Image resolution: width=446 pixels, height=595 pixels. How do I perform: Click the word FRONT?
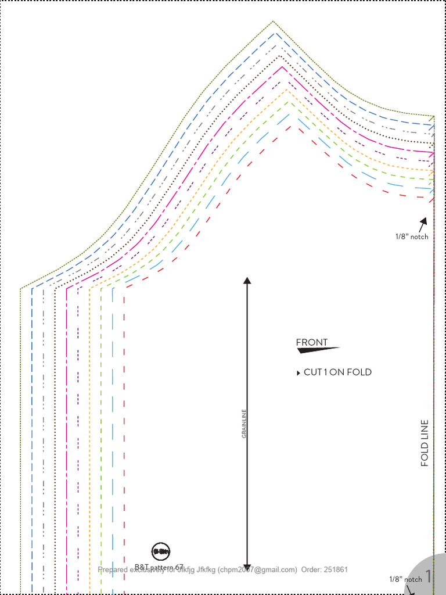[312, 342]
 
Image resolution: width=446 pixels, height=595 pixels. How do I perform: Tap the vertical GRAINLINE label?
[244, 424]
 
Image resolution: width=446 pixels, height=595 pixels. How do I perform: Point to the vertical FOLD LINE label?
[425, 443]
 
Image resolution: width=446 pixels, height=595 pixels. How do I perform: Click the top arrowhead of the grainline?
[247, 281]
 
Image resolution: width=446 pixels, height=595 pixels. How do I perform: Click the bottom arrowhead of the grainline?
[247, 567]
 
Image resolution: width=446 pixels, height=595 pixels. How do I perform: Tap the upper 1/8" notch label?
[412, 236]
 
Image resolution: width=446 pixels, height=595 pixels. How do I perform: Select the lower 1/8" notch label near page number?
[405, 579]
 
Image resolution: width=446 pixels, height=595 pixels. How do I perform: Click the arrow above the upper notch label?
[423, 223]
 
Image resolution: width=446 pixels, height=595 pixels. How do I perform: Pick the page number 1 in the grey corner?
[429, 576]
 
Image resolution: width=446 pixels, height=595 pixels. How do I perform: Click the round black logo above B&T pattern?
[161, 551]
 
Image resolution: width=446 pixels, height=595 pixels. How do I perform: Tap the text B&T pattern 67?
[159, 567]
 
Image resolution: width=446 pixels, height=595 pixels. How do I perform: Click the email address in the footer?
[257, 569]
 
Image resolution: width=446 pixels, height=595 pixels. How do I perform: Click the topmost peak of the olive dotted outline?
[273, 21]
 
